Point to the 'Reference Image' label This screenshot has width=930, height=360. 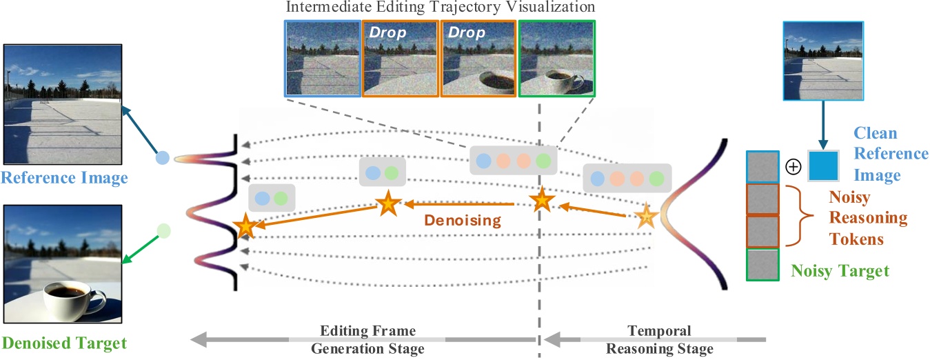tap(64, 179)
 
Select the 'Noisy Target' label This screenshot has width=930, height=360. tap(840, 271)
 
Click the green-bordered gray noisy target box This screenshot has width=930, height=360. tap(763, 264)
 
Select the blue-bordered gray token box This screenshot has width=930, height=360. tap(763, 168)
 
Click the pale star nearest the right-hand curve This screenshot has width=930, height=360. tap(646, 217)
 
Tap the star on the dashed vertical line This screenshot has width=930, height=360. tap(542, 200)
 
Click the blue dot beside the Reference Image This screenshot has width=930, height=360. tap(162, 157)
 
